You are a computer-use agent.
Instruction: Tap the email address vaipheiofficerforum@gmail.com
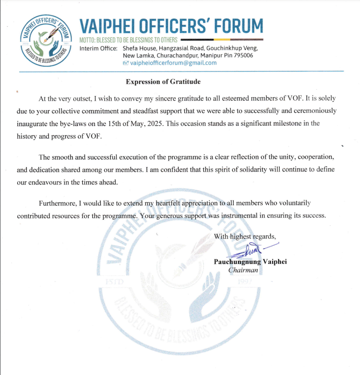[x=173, y=63]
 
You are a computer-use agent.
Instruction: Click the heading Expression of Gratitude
[x=163, y=82]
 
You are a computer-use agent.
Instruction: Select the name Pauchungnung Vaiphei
[x=250, y=262]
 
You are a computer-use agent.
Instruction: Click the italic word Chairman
[x=243, y=270]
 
